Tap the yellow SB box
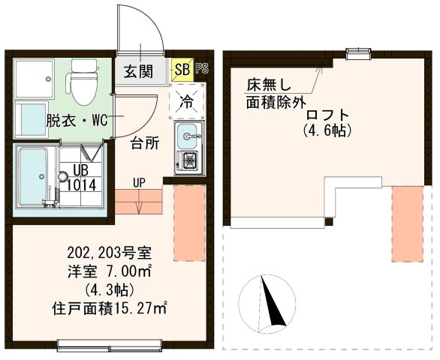pos(182,70)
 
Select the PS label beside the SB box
pos(201,70)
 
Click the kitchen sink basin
pos(188,136)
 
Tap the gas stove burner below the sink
pos(188,160)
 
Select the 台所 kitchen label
pos(145,142)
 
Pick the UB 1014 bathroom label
pos(80,178)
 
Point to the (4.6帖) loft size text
pos(328,130)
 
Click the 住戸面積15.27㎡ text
pos(109,307)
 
